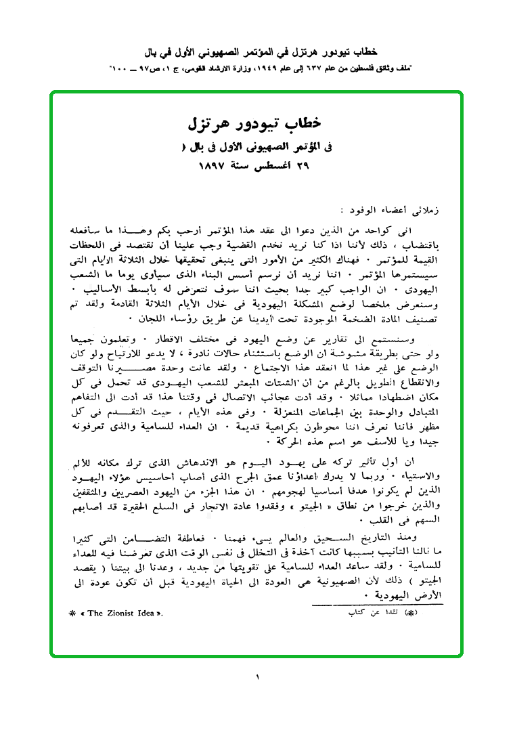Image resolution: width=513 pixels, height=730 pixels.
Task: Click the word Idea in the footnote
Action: (145, 613)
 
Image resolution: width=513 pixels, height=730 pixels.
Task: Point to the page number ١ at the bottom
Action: (257, 677)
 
